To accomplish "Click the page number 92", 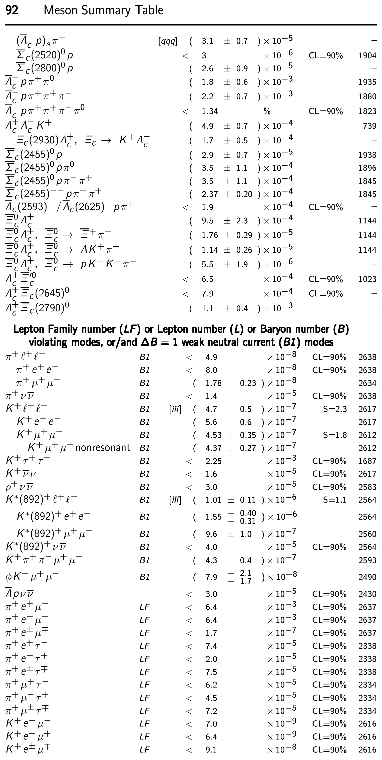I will pyautogui.click(x=12, y=10).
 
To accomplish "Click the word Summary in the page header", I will pyautogui.click(x=103, y=10).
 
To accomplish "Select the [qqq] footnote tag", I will pyautogui.click(x=168, y=41).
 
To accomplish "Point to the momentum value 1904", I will pyautogui.click(x=367, y=56).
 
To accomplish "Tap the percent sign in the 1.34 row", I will pyautogui.click(x=267, y=111).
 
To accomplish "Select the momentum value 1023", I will pyautogui.click(x=367, y=279).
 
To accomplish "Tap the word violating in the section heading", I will pyautogui.click(x=48, y=342).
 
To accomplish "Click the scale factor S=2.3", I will pyautogui.click(x=335, y=409).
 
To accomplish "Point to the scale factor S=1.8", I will pyautogui.click(x=335, y=435).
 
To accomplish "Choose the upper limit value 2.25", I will pyautogui.click(x=213, y=461).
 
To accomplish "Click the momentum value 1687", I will pyautogui.click(x=367, y=461).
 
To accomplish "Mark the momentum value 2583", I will pyautogui.click(x=367, y=487).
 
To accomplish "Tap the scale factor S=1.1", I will pyautogui.click(x=335, y=500).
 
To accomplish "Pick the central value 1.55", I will pyautogui.click(x=213, y=517).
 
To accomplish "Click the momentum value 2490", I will pyautogui.click(x=367, y=577).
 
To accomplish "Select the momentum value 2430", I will pyautogui.click(x=367, y=594).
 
